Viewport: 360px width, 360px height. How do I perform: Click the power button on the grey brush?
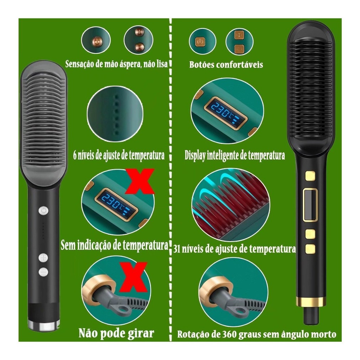43,211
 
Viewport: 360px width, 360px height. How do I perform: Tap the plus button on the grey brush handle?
43,258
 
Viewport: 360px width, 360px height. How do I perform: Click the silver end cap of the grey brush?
43,325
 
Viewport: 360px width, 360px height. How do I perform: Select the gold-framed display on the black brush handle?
310,205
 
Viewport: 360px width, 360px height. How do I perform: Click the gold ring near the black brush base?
311,302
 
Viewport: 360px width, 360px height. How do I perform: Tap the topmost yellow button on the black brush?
310,176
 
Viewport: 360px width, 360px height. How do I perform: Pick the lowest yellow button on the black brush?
310,249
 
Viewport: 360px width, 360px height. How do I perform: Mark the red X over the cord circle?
133,277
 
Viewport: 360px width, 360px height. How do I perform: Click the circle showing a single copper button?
96,40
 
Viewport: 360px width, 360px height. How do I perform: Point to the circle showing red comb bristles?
231,205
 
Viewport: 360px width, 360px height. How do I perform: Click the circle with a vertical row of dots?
115,114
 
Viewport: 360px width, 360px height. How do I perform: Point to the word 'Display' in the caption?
195,155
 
